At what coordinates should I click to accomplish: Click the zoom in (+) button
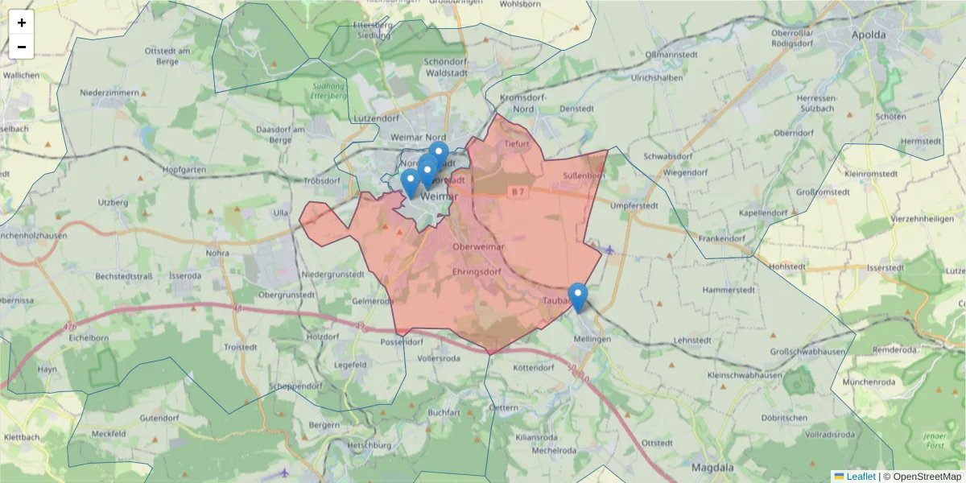point(22,23)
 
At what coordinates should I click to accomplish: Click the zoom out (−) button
point(22,47)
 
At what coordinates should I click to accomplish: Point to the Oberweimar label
point(478,246)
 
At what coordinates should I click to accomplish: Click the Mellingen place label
point(592,339)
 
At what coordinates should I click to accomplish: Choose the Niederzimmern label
point(109,93)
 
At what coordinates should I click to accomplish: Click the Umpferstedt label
point(634,206)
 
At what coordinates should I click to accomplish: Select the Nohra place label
point(217,253)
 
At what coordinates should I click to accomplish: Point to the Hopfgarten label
point(184,171)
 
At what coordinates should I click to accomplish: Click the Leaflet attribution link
point(860,477)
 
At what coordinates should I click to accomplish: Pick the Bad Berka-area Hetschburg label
point(368,445)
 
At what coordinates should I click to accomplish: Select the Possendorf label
point(401,341)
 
